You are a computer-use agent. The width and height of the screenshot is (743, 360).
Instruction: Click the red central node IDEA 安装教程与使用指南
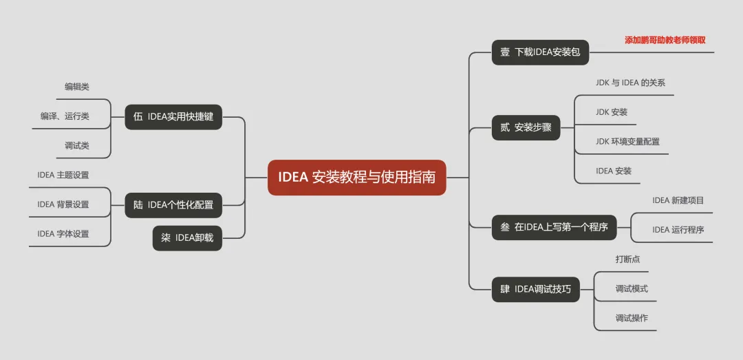coord(356,177)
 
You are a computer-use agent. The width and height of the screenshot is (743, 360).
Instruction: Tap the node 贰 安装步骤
coord(526,127)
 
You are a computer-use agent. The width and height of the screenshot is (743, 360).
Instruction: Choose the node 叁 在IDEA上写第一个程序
coord(554,227)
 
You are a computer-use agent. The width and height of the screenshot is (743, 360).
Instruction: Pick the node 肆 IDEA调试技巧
coord(535,289)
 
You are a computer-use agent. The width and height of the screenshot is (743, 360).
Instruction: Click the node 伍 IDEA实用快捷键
coord(173,117)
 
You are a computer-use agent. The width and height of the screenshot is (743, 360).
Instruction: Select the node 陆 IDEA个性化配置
coord(173,204)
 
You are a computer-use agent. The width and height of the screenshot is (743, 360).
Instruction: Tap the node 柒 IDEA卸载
coord(187,238)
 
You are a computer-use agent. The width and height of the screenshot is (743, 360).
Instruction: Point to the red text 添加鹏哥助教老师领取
coord(665,40)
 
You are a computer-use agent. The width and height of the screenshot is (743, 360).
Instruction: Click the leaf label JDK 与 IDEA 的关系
coord(630,83)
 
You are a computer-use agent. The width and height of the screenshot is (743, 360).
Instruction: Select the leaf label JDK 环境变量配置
coord(627,142)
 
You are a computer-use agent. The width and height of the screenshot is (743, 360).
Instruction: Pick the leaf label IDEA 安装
coord(614,171)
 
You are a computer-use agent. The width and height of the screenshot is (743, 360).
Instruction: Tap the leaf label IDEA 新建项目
coord(678,200)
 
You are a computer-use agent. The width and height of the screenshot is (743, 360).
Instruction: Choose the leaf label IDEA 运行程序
coord(678,230)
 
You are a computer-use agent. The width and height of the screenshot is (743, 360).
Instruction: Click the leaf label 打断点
coord(627,260)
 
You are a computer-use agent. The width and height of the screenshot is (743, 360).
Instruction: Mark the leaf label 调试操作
coord(632,318)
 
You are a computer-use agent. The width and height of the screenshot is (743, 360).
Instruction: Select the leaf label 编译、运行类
coord(65,116)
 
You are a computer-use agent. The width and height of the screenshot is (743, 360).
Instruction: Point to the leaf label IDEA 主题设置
coord(63,175)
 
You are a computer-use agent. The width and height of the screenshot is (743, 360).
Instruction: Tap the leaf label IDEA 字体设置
coord(63,234)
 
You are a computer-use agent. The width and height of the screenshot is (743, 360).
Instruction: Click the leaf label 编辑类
coord(77,87)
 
